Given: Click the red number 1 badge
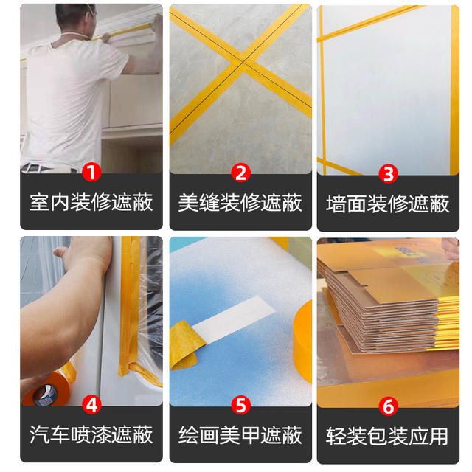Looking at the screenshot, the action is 91,173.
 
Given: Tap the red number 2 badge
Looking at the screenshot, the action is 241,173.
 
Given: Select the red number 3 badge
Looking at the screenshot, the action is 388,174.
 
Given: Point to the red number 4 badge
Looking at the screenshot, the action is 91,405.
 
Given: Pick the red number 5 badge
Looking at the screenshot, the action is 241,405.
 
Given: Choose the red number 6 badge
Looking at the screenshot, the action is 389,406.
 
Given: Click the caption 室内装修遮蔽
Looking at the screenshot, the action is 91,202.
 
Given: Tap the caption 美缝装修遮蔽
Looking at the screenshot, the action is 240,203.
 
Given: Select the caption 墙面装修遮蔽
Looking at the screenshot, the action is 388,204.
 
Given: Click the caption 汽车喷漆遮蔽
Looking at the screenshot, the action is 91,434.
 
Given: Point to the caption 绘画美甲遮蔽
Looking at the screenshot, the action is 240,435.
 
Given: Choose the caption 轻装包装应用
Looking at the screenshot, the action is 387,436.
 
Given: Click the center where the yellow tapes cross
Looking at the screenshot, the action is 243,62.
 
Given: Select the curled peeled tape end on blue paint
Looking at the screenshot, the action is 184,344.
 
